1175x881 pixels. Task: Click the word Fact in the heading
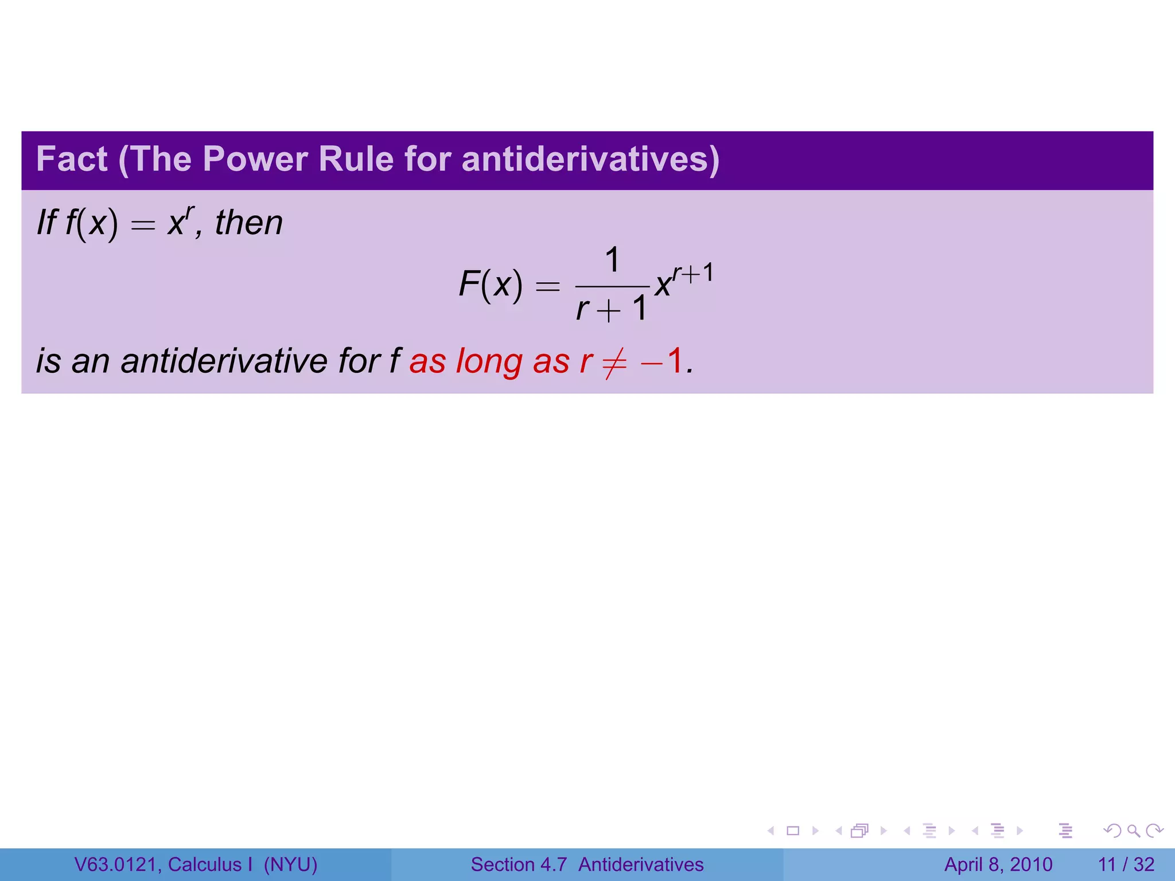72,159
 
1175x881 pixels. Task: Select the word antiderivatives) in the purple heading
590,159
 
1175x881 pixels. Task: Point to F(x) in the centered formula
491,284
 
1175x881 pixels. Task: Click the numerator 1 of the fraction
612,260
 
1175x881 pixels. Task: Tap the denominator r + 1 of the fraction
612,309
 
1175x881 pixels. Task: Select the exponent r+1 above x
693,273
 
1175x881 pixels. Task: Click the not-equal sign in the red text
613,362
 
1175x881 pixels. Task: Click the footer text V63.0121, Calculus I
164,864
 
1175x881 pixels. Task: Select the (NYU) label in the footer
290,864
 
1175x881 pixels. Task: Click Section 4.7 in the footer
519,864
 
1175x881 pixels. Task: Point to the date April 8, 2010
998,864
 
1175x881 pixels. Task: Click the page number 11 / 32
1126,864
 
